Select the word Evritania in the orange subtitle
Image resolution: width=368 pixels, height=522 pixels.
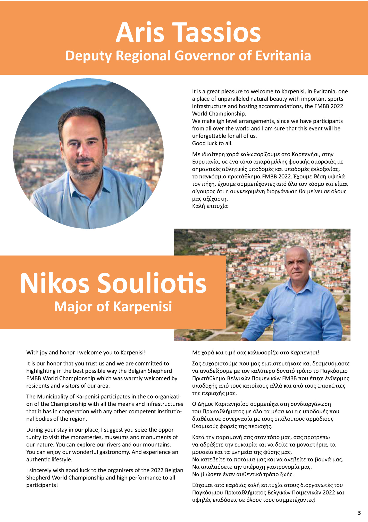point(283,56)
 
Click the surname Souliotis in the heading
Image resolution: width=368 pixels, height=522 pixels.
point(152,283)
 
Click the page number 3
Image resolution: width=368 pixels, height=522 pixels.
point(359,512)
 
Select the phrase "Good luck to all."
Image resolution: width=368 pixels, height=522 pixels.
point(212,143)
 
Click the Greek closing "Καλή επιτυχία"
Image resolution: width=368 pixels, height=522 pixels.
point(210,206)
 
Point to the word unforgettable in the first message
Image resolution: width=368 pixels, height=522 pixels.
point(210,136)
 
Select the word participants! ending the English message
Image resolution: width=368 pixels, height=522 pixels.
point(42,485)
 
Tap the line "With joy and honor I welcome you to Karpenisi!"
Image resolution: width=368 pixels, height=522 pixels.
point(86,352)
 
